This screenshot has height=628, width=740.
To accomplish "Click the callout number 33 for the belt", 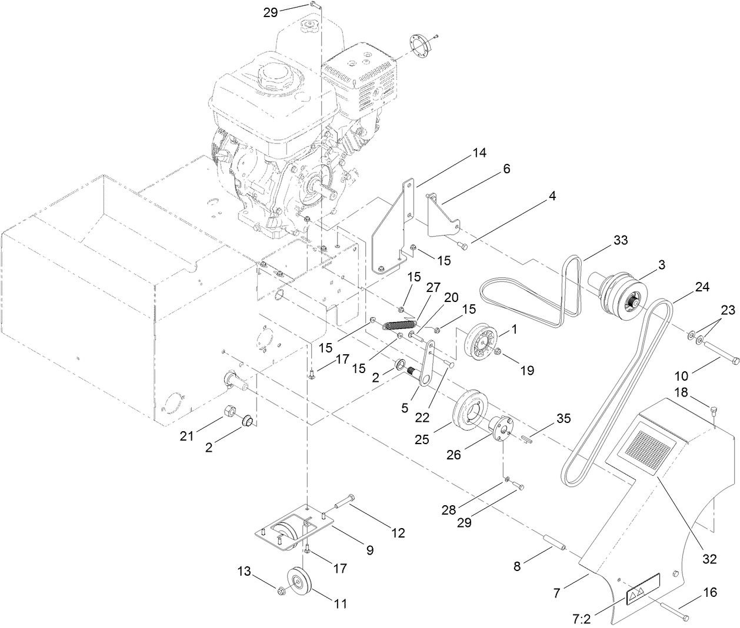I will point(620,240).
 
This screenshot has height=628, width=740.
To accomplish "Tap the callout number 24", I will point(701,287).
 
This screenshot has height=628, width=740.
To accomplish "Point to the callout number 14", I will point(479,153).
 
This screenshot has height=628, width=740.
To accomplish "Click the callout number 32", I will point(710,559).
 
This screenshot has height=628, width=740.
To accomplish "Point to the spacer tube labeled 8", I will point(555,540).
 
